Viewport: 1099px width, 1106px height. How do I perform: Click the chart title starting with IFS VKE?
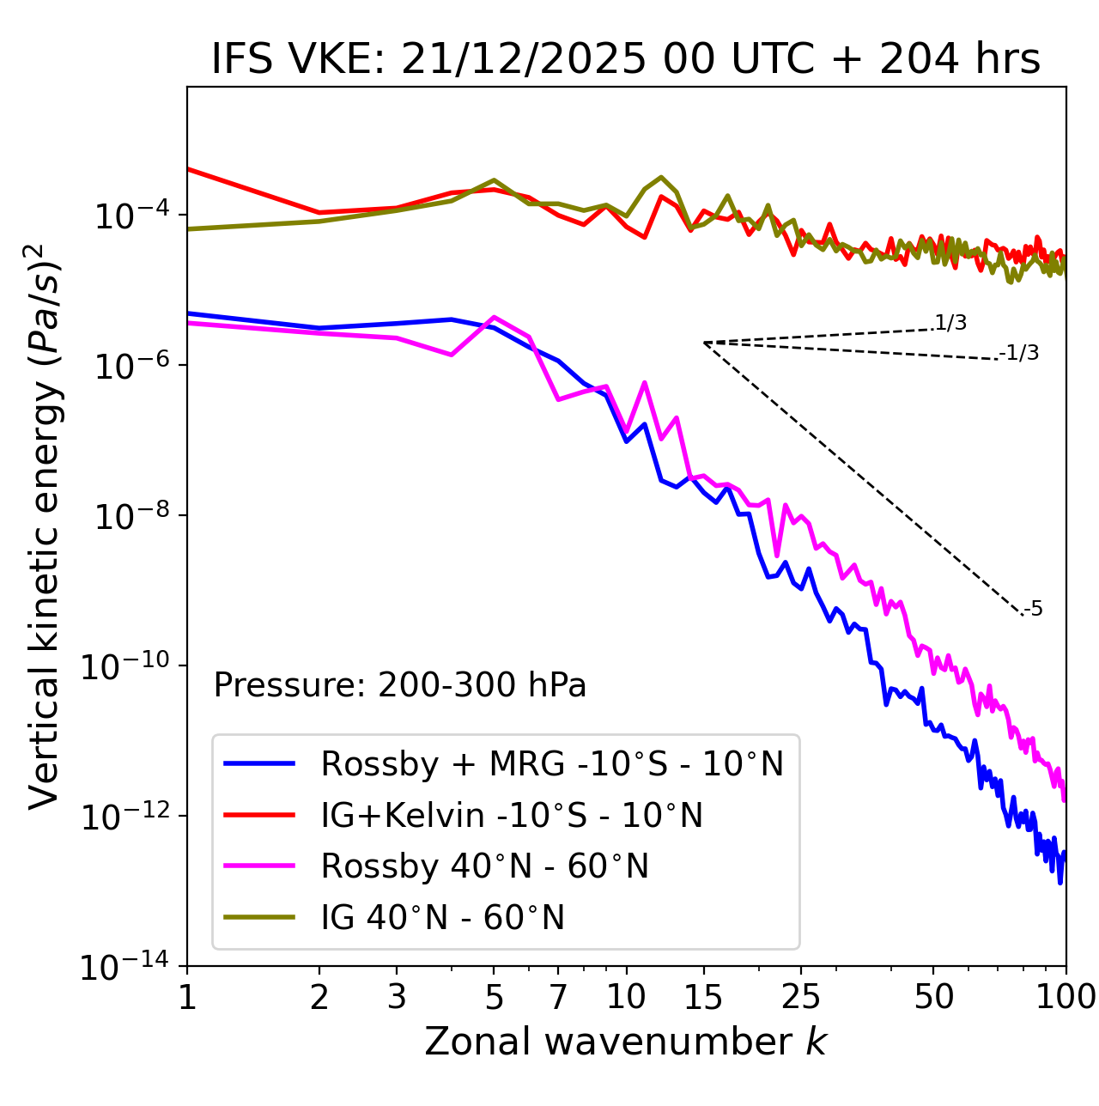pyautogui.click(x=626, y=60)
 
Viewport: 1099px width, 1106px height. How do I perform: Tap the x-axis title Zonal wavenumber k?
pyautogui.click(x=626, y=1042)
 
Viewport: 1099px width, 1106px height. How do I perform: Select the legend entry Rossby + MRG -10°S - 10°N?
pyautogui.click(x=552, y=763)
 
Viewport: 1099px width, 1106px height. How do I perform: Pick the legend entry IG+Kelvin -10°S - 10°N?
pyautogui.click(x=512, y=815)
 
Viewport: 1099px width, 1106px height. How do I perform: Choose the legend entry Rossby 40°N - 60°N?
pyautogui.click(x=484, y=866)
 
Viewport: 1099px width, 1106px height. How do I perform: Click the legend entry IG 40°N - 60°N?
pyautogui.click(x=442, y=918)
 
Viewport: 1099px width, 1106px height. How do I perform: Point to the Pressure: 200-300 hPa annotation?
pyautogui.click(x=400, y=685)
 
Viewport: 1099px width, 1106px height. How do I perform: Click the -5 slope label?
pyautogui.click(x=1033, y=610)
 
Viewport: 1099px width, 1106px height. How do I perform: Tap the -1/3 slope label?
pyautogui.click(x=1020, y=353)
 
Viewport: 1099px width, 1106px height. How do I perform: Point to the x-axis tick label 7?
pyautogui.click(x=558, y=997)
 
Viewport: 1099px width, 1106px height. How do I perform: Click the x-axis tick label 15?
pyautogui.click(x=703, y=997)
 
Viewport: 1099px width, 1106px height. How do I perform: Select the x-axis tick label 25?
pyautogui.click(x=801, y=997)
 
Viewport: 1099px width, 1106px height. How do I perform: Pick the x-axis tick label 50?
pyautogui.click(x=933, y=997)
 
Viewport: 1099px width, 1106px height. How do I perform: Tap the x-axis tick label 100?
pyautogui.click(x=1065, y=997)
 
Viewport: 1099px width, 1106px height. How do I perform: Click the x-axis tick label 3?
pyautogui.click(x=397, y=997)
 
